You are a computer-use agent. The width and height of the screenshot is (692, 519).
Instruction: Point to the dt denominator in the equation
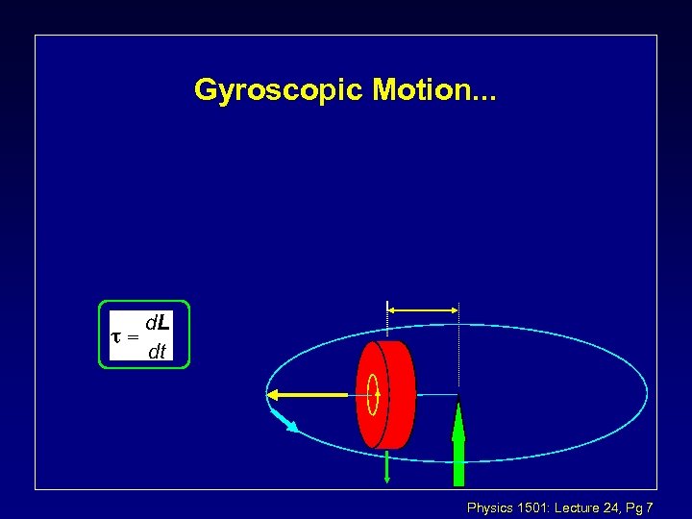[157, 352]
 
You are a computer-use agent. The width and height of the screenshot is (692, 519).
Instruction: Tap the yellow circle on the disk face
[373, 394]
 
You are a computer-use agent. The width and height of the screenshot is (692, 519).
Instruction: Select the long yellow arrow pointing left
[308, 394]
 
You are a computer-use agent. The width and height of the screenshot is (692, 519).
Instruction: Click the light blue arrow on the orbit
[284, 420]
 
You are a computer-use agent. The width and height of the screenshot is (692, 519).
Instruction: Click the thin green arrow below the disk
[386, 465]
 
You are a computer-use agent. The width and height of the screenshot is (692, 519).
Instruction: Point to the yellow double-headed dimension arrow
[422, 309]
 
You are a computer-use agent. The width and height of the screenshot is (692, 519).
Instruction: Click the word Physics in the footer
[489, 507]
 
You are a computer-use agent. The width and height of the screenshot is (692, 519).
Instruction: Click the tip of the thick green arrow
[458, 402]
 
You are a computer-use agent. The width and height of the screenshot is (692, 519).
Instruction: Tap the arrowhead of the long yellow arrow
[273, 394]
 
